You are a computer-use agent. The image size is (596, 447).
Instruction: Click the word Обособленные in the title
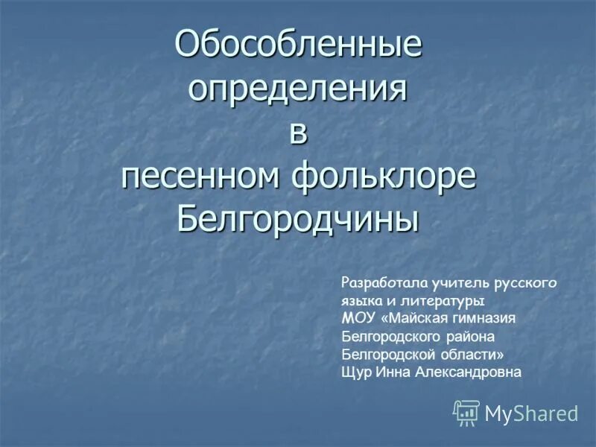click(x=298, y=47)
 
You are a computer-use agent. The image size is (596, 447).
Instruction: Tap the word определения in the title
click(x=298, y=91)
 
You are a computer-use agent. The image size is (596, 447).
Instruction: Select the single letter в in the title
click(x=297, y=133)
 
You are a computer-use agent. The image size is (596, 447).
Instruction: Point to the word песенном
click(x=197, y=178)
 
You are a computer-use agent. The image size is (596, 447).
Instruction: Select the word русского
click(x=526, y=283)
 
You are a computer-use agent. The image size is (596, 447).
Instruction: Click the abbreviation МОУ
click(x=359, y=319)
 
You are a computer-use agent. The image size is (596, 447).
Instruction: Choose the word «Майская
click(x=419, y=319)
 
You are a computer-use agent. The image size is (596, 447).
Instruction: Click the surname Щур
click(x=355, y=372)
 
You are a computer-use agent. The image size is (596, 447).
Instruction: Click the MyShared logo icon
click(x=466, y=413)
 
